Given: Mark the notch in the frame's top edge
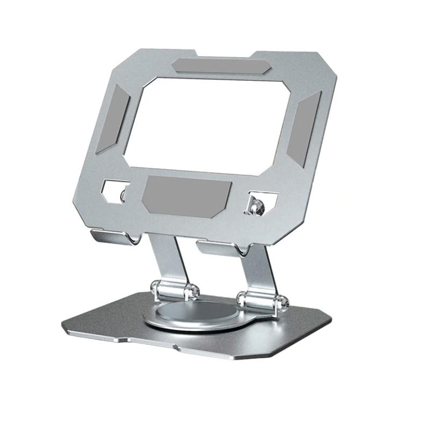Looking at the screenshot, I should click(x=225, y=54).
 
